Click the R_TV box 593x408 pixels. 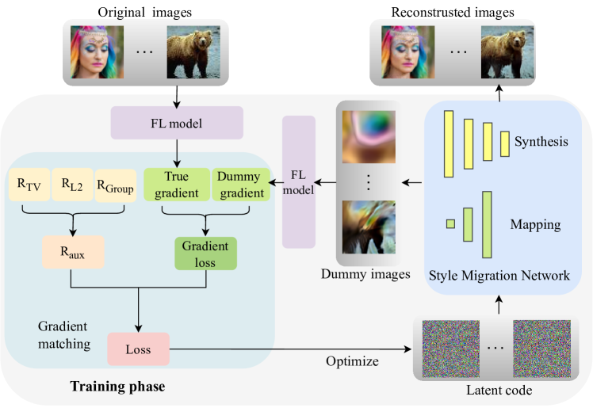[29, 185]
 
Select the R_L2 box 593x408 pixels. [72, 185]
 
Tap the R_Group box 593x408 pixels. [116, 185]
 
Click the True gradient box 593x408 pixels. [176, 185]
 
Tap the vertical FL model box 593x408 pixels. [299, 182]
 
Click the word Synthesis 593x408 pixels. [541, 143]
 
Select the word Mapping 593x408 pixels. [537, 224]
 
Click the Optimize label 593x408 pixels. [353, 361]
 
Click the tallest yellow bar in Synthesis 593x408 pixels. [449, 142]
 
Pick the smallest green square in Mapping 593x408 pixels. [450, 224]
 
